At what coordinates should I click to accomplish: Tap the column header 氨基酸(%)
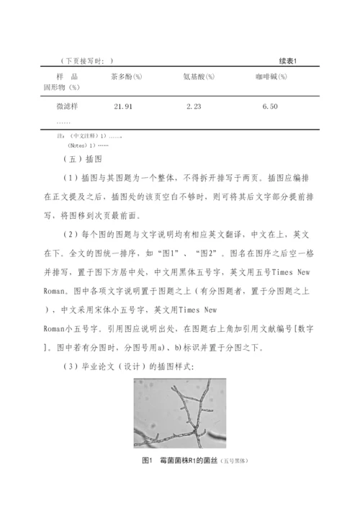click(199, 76)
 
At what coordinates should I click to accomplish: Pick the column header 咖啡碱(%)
click(271, 76)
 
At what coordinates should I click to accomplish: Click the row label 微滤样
click(68, 107)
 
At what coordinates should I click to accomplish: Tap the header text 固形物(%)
click(62, 87)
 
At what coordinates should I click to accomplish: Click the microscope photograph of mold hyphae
click(179, 413)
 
